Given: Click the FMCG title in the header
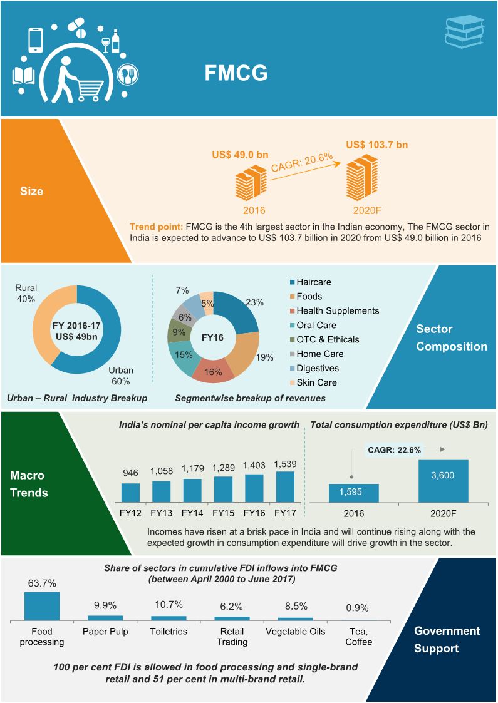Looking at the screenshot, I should coord(236,73).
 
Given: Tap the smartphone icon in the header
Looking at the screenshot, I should coord(36,39).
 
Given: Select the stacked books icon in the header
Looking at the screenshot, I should coord(463,31).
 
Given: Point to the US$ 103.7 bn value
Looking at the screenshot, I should coord(377,145).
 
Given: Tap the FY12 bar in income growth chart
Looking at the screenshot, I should coord(130,492).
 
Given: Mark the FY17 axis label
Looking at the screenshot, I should coord(284,513).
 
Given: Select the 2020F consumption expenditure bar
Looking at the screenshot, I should coord(443,481).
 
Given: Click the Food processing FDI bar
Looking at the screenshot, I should coord(42,605).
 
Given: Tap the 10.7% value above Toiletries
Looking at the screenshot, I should coord(169,604).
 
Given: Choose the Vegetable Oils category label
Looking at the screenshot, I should coord(296,631).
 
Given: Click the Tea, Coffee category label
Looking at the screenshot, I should coord(358,636).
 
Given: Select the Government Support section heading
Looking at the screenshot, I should coord(447,639).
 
